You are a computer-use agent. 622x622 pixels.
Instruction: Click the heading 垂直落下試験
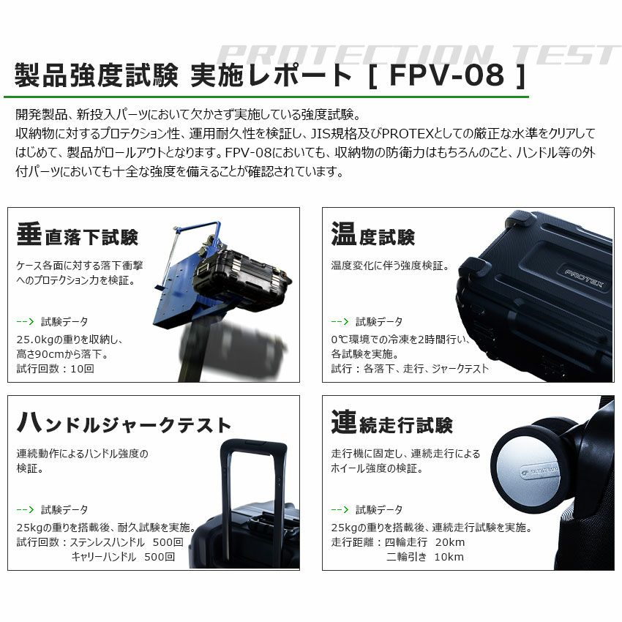pos(77,236)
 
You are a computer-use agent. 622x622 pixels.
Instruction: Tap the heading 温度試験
pos(372,236)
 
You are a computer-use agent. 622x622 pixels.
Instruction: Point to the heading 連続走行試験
pos(391,424)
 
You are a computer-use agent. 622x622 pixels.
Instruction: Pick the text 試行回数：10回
pos(56,369)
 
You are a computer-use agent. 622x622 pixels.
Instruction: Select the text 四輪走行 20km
pos(425,542)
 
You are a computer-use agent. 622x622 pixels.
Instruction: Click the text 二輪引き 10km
pos(425,557)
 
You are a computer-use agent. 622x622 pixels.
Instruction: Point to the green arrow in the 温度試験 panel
pos(340,321)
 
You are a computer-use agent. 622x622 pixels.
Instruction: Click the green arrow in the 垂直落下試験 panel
pos(26,321)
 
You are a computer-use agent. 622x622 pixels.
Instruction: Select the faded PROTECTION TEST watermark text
pos(417,53)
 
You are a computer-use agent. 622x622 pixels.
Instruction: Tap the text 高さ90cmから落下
pos(62,354)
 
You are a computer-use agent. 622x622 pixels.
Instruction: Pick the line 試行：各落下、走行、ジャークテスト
pos(410,369)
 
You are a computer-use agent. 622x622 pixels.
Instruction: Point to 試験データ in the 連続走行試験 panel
pos(379,509)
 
